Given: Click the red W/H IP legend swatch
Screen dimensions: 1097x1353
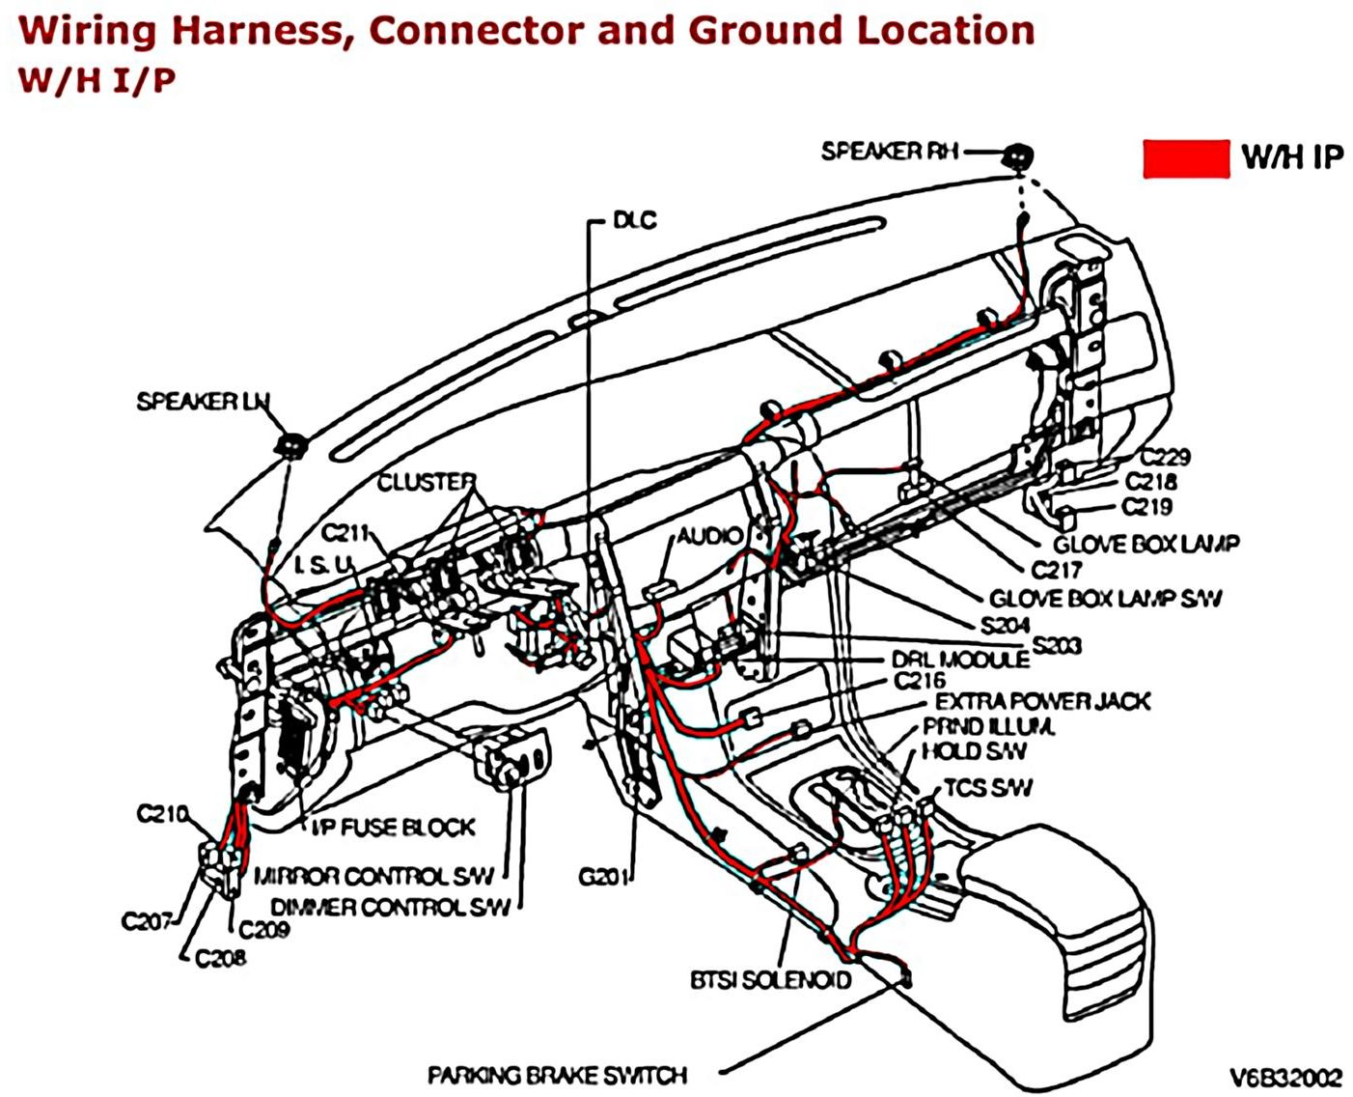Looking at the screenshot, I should click(1185, 158).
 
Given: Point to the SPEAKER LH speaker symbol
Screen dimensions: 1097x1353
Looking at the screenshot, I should click(290, 444).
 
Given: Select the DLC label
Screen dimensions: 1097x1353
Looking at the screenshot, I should click(634, 220).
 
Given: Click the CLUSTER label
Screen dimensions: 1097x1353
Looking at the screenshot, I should click(426, 481).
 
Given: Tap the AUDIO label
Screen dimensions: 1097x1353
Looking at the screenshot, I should click(709, 536).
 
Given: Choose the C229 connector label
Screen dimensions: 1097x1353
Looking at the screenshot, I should click(1165, 457).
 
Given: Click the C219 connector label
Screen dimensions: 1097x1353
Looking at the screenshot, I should click(1146, 507).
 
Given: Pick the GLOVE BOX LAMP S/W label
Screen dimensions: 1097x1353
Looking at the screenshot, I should click(1105, 599).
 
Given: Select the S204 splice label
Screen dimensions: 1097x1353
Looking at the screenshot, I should click(1005, 625).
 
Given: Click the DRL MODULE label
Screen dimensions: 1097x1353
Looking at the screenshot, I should click(959, 660).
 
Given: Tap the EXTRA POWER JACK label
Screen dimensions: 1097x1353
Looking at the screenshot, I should click(1042, 701).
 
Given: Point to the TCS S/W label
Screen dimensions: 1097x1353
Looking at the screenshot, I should click(987, 788).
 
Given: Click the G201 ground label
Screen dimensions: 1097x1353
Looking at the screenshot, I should click(603, 877).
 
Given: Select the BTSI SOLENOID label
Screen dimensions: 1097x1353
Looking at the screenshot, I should click(770, 980).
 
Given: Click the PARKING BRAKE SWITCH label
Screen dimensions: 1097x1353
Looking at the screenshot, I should click(557, 1075).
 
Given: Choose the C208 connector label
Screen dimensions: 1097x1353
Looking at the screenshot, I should click(220, 958).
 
